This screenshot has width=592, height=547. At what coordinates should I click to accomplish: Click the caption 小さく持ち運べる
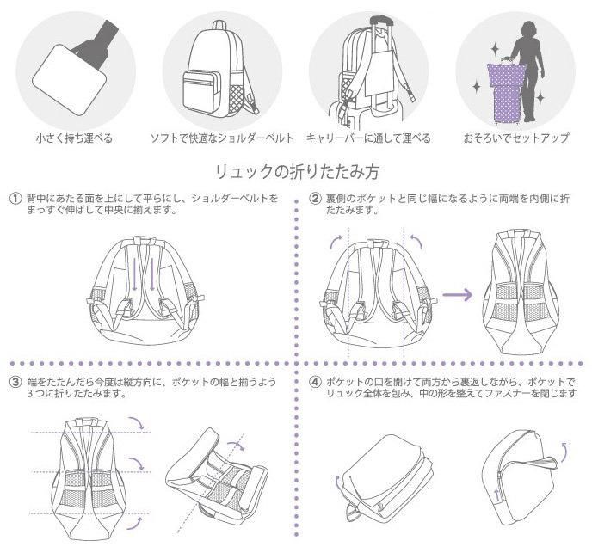pos(74,138)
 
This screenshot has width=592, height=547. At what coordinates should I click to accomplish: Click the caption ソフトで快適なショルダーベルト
pos(222,138)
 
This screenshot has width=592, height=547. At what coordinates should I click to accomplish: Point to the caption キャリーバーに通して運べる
pos(369,138)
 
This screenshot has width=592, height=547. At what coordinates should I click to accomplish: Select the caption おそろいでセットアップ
pos(516,138)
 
